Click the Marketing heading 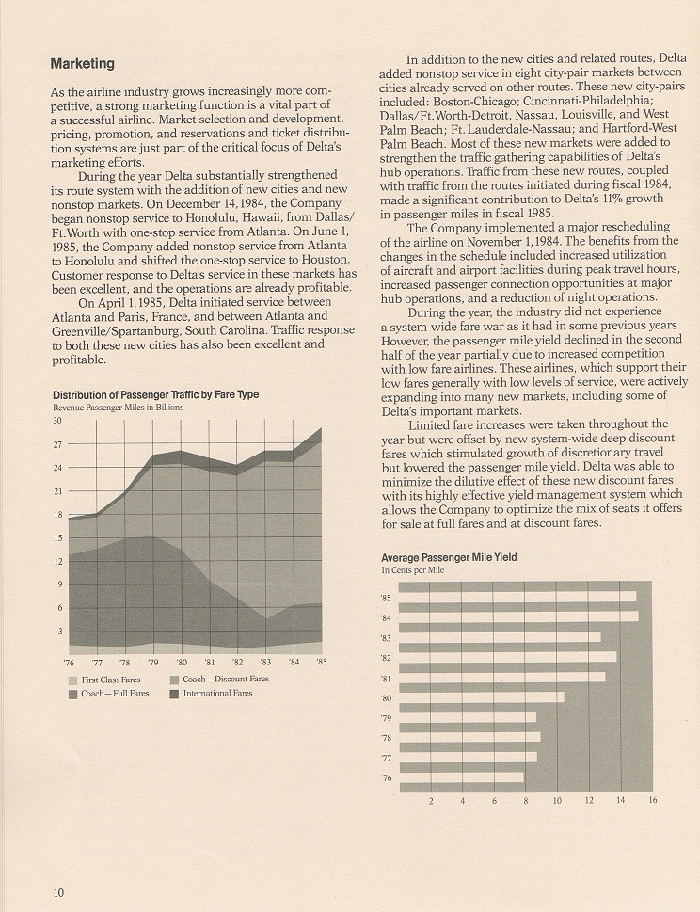pos(82,63)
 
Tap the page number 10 pos(58,893)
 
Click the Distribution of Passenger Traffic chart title pos(156,395)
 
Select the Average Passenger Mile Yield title pos(449,557)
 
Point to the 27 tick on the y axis pos(57,444)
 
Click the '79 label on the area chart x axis pos(153,663)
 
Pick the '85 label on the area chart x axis pos(322,662)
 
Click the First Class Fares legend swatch pos(72,680)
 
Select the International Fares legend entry pos(212,694)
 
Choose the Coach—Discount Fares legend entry pos(220,680)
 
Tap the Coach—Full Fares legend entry pos(109,694)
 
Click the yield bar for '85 pos(517,597)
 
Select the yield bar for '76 pos(462,777)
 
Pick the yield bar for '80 pos(482,697)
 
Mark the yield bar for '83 pos(500,637)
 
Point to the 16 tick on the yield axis pos(652,800)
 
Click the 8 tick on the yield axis pos(526,801)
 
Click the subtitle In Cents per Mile pos(413,570)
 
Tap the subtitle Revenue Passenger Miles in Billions pos(118,408)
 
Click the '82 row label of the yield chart pos(386,659)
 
